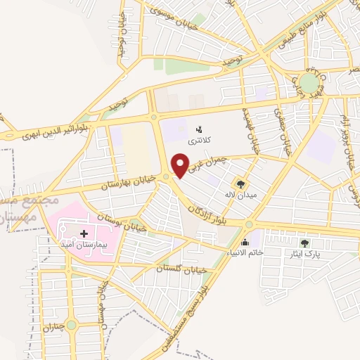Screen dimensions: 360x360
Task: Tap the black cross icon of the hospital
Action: (x=84, y=233)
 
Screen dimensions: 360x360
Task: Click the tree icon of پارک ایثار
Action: (x=304, y=243)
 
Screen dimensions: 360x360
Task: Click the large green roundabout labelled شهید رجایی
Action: (x=309, y=83)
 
